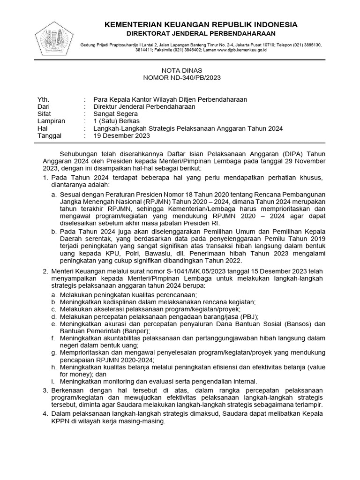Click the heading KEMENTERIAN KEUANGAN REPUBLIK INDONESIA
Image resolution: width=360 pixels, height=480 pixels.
pos(201,24)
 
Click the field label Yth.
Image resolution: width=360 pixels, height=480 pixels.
pos(43,99)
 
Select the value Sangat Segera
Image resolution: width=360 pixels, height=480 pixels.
pos(115,114)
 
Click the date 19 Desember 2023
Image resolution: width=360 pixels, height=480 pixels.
pos(121,136)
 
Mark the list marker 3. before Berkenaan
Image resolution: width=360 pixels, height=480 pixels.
pos(45,390)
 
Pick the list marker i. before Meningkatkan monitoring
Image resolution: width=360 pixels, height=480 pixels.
pos(54,382)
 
